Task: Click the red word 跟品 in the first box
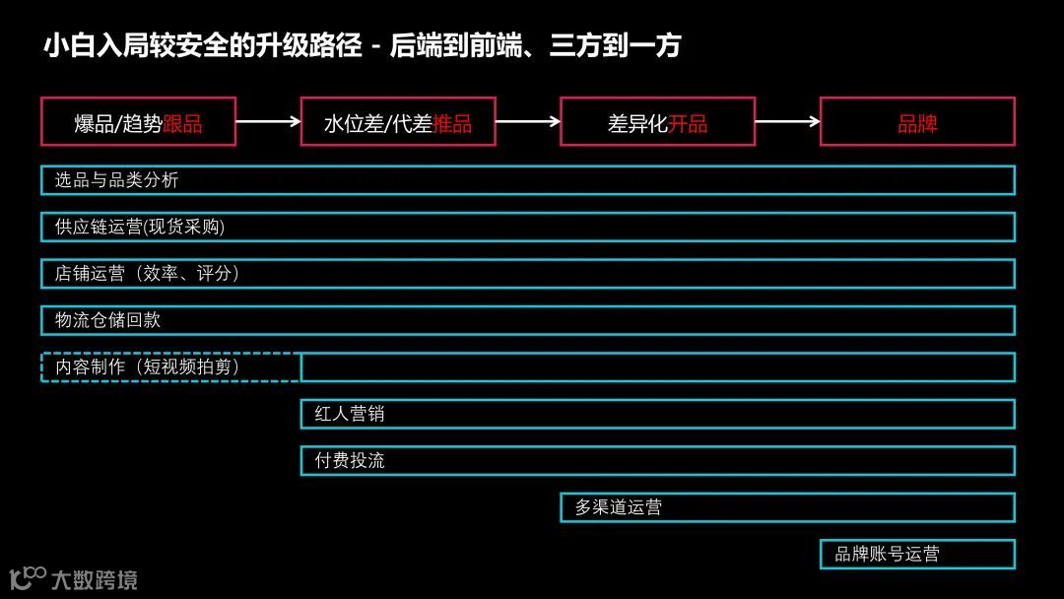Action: [x=182, y=124]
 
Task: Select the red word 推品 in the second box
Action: [x=452, y=124]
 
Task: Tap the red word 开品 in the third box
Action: [x=688, y=124]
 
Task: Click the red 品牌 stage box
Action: [x=917, y=122]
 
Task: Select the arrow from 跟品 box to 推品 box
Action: [x=268, y=122]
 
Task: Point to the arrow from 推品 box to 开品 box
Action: [x=528, y=122]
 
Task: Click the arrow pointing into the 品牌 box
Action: [x=788, y=122]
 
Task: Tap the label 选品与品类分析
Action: [x=116, y=180]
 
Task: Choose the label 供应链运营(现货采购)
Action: [x=140, y=227]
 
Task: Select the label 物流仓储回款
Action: [x=107, y=320]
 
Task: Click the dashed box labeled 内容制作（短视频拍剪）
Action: [x=148, y=366]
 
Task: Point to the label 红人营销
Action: [x=350, y=414]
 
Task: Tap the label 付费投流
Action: [x=350, y=460]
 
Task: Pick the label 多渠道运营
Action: [x=619, y=507]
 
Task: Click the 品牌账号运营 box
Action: [x=917, y=554]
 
